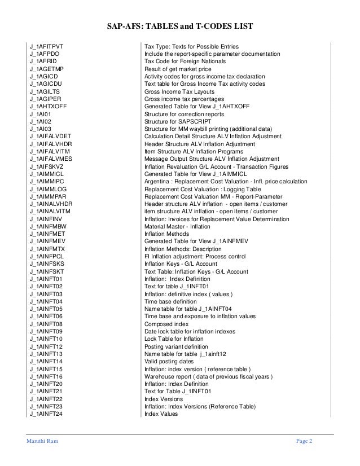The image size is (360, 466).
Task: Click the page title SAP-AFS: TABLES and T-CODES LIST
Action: click(x=180, y=26)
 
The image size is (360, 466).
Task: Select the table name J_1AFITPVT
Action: click(x=47, y=45)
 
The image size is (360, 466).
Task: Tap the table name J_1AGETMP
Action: click(x=47, y=69)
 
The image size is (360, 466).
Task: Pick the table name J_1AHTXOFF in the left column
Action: click(x=49, y=106)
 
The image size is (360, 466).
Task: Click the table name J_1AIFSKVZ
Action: click(x=48, y=167)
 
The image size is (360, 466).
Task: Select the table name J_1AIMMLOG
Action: click(x=49, y=190)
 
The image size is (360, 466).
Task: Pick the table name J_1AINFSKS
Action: click(x=47, y=263)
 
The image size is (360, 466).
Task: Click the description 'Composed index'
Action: click(x=166, y=325)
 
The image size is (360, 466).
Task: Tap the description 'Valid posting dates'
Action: click(x=169, y=361)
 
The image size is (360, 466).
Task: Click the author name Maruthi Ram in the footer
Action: click(x=37, y=441)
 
